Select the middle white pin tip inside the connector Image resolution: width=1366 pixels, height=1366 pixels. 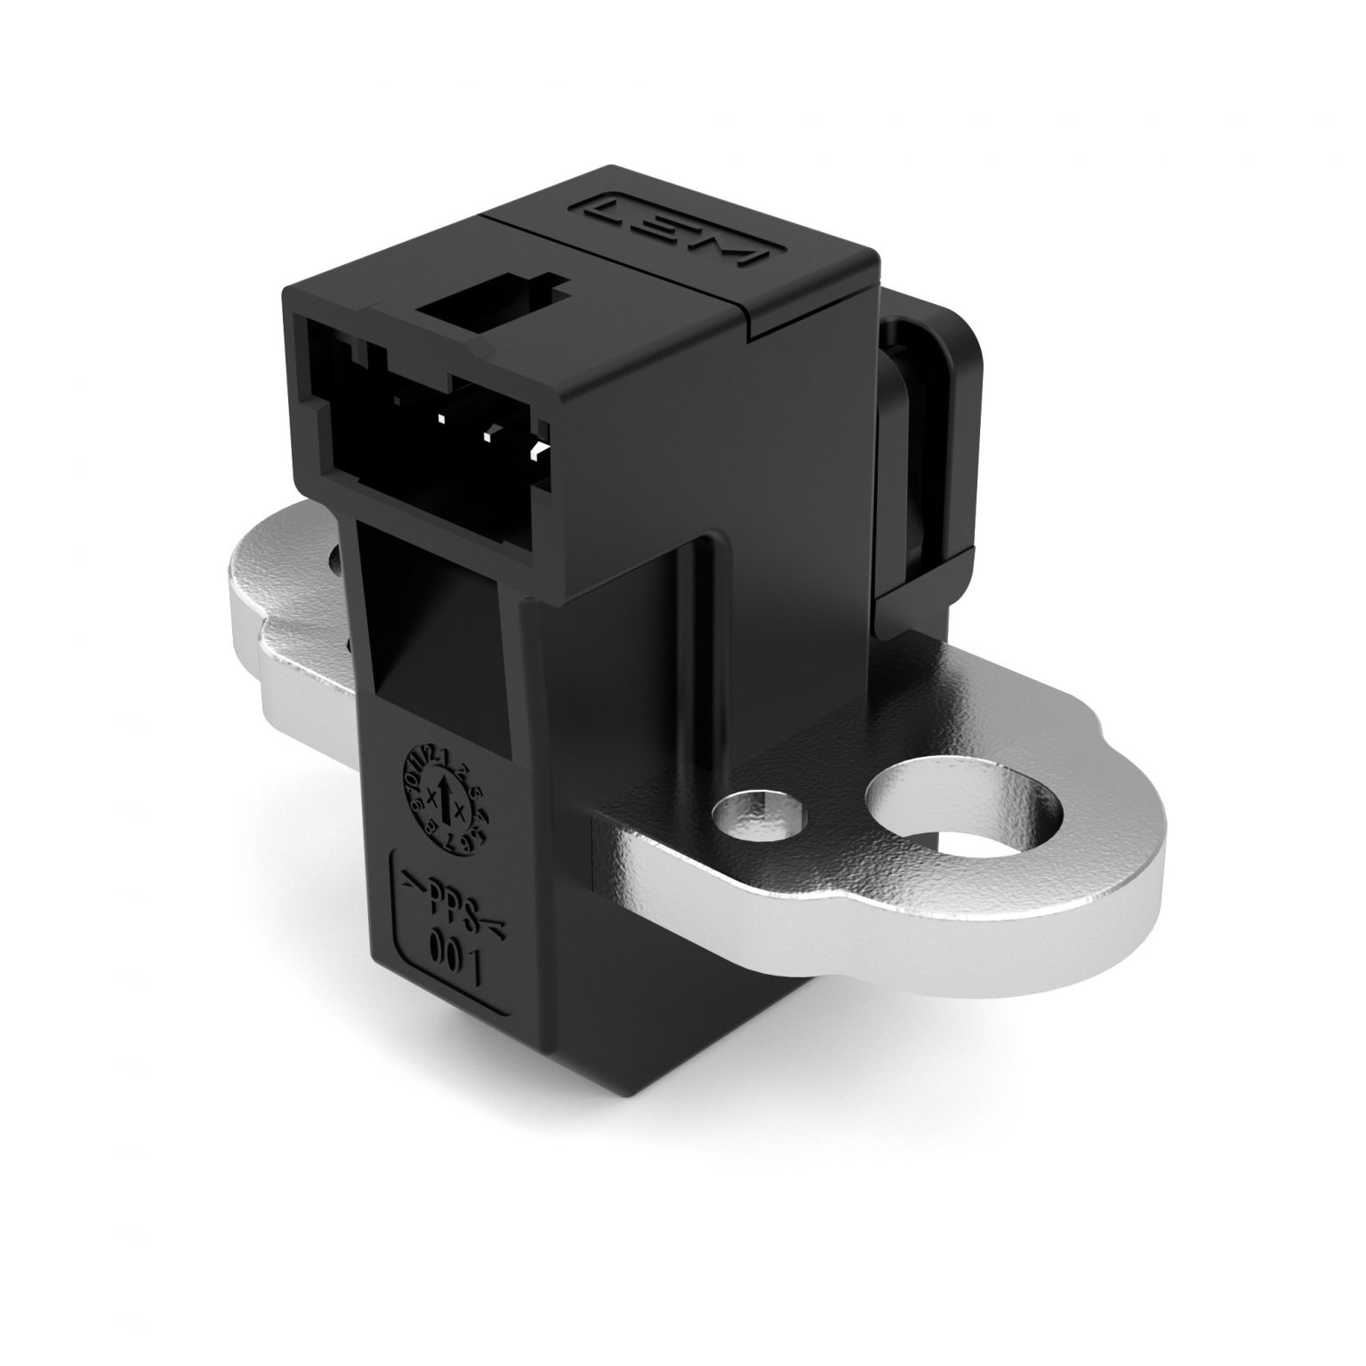487,435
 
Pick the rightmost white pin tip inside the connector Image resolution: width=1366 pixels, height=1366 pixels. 536,449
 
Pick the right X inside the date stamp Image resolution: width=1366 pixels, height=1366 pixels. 460,808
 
